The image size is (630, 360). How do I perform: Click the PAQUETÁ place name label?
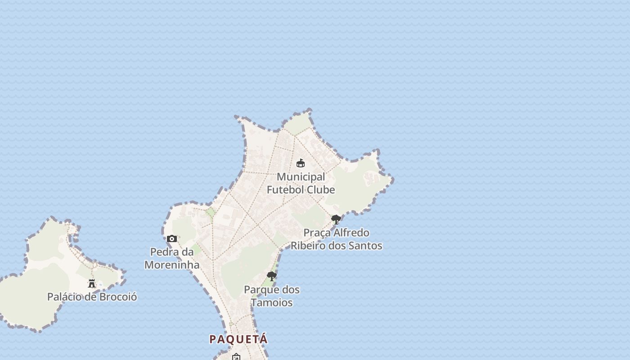click(238, 339)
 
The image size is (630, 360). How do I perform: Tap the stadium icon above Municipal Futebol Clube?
click(301, 163)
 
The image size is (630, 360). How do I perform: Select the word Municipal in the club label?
click(301, 177)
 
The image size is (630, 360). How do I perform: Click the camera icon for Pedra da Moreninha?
click(172, 239)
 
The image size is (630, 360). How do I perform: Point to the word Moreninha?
click(172, 265)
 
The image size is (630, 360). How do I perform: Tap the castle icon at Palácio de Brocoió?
click(92, 283)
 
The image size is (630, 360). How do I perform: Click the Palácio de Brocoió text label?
click(92, 297)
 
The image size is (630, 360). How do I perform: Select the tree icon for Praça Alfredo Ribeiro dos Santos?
click(336, 220)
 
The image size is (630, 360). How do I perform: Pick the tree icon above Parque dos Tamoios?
click(271, 276)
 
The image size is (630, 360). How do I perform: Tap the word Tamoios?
click(272, 303)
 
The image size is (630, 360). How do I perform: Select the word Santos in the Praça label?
click(367, 246)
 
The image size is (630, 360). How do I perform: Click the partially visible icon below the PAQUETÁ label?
click(236, 357)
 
